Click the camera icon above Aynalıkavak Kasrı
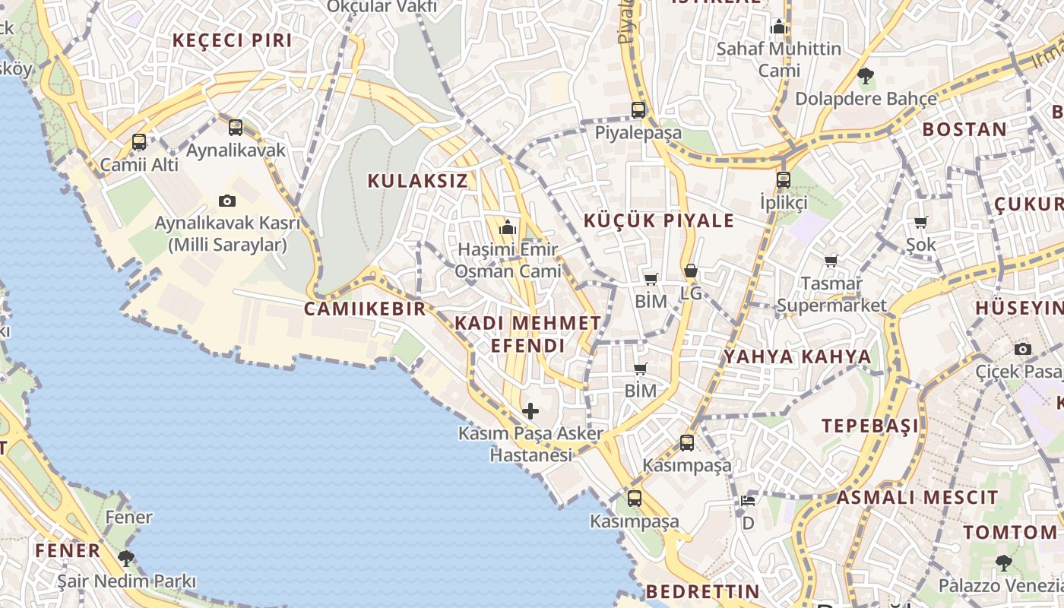pyautogui.click(x=226, y=201)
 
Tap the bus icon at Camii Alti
pyautogui.click(x=139, y=141)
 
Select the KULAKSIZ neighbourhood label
pyautogui.click(x=417, y=181)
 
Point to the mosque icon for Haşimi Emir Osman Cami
pyautogui.click(x=507, y=227)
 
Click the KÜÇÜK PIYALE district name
pyautogui.click(x=659, y=221)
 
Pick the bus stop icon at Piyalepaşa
pyautogui.click(x=638, y=109)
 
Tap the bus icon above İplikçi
pyautogui.click(x=784, y=180)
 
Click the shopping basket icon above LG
pyautogui.click(x=690, y=271)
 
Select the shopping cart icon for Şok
pyautogui.click(x=921, y=222)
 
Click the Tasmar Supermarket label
pyautogui.click(x=831, y=294)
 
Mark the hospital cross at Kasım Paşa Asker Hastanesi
pyautogui.click(x=530, y=411)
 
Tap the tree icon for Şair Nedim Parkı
pyautogui.click(x=126, y=559)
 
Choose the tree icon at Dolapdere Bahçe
pyautogui.click(x=865, y=75)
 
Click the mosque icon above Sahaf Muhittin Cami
pyautogui.click(x=778, y=27)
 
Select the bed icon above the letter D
pyautogui.click(x=748, y=500)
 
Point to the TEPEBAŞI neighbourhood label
pyautogui.click(x=869, y=426)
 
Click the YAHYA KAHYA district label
pyautogui.click(x=796, y=356)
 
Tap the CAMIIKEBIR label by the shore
pyautogui.click(x=365, y=309)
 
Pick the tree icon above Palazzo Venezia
pyautogui.click(x=1004, y=563)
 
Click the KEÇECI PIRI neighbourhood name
pyautogui.click(x=233, y=41)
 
